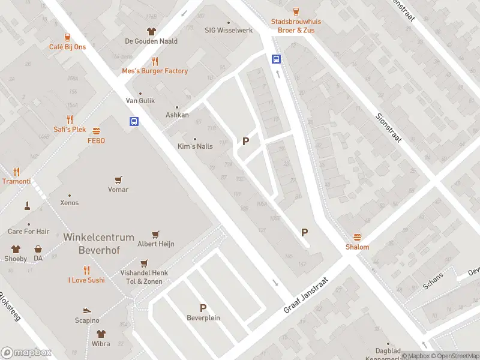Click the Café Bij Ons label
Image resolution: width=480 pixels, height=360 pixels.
tap(67, 47)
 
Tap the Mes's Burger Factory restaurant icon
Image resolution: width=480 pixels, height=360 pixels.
tap(155, 61)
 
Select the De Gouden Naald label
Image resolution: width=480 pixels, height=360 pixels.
tap(151, 41)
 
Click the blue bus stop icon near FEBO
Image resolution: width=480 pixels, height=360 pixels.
tap(134, 121)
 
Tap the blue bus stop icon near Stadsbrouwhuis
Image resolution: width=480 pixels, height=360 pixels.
tap(277, 59)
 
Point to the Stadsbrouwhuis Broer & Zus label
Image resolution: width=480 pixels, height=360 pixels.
tap(296, 25)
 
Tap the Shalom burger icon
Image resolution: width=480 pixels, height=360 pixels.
tap(357, 237)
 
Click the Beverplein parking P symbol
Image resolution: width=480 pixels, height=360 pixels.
tap(203, 308)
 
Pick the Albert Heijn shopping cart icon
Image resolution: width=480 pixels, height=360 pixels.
tap(156, 234)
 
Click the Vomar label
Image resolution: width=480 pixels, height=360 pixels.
tap(118, 190)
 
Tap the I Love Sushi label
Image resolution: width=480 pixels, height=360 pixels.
tap(86, 280)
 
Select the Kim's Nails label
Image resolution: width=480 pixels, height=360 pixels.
tap(195, 146)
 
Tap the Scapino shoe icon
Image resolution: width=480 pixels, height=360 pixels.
tap(87, 310)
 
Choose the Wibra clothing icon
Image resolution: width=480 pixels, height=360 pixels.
tap(101, 334)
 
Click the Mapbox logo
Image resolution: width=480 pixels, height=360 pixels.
tap(26, 353)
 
